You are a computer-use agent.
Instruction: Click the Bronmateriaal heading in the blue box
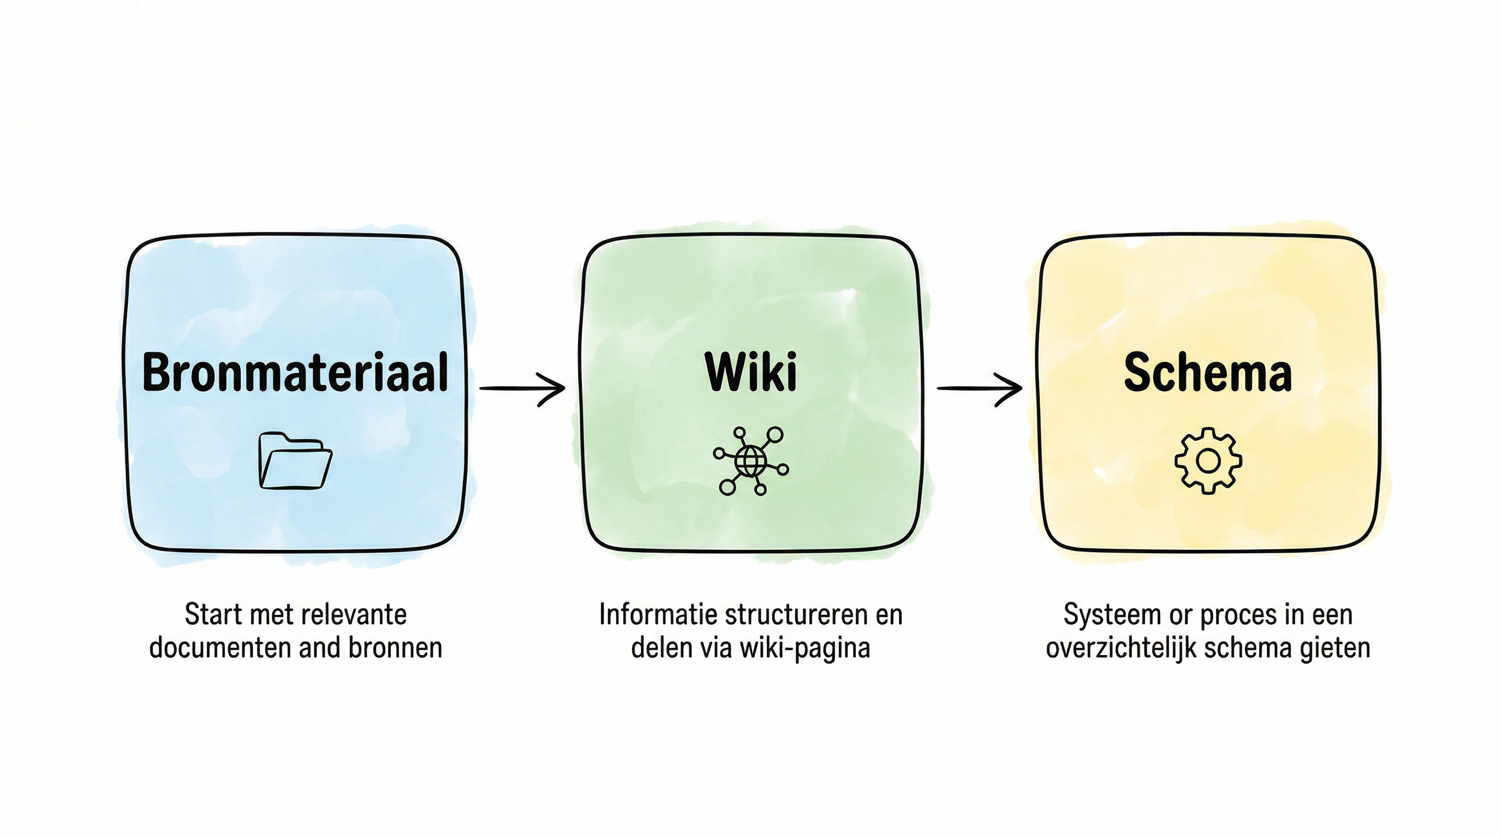295,372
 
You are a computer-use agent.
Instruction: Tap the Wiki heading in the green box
750,372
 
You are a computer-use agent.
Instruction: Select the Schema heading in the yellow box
1207,372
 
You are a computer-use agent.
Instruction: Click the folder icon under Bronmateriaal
295,460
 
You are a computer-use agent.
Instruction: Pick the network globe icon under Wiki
750,461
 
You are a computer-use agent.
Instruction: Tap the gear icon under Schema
1207,461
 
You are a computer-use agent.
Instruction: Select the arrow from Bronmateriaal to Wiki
522,388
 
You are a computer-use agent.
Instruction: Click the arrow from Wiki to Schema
979,388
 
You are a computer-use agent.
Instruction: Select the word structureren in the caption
791,615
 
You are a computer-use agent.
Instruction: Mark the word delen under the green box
658,648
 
